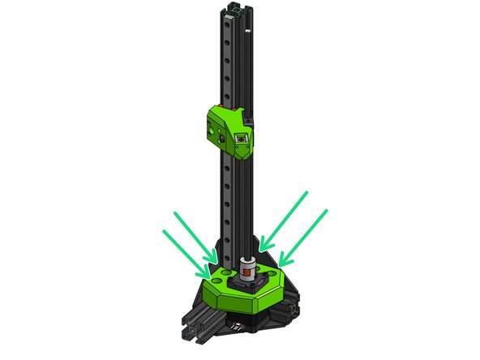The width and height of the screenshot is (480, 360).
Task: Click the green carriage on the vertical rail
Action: pos(229,128)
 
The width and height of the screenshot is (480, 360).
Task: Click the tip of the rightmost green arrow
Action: pos(281,263)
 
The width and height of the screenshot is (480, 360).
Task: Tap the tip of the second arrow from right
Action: pos(262,246)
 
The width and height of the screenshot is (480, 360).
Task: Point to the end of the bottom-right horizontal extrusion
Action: pos(290,311)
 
